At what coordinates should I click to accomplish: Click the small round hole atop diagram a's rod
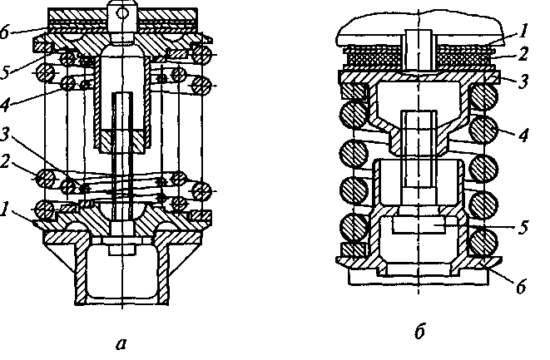pyautogui.click(x=125, y=12)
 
